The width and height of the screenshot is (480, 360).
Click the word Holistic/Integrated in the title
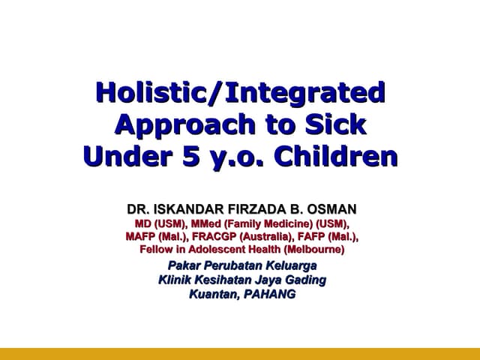click(x=240, y=94)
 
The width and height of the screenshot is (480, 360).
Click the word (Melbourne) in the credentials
click(x=308, y=249)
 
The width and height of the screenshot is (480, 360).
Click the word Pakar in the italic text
click(x=186, y=265)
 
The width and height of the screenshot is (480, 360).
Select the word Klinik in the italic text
click(x=176, y=280)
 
